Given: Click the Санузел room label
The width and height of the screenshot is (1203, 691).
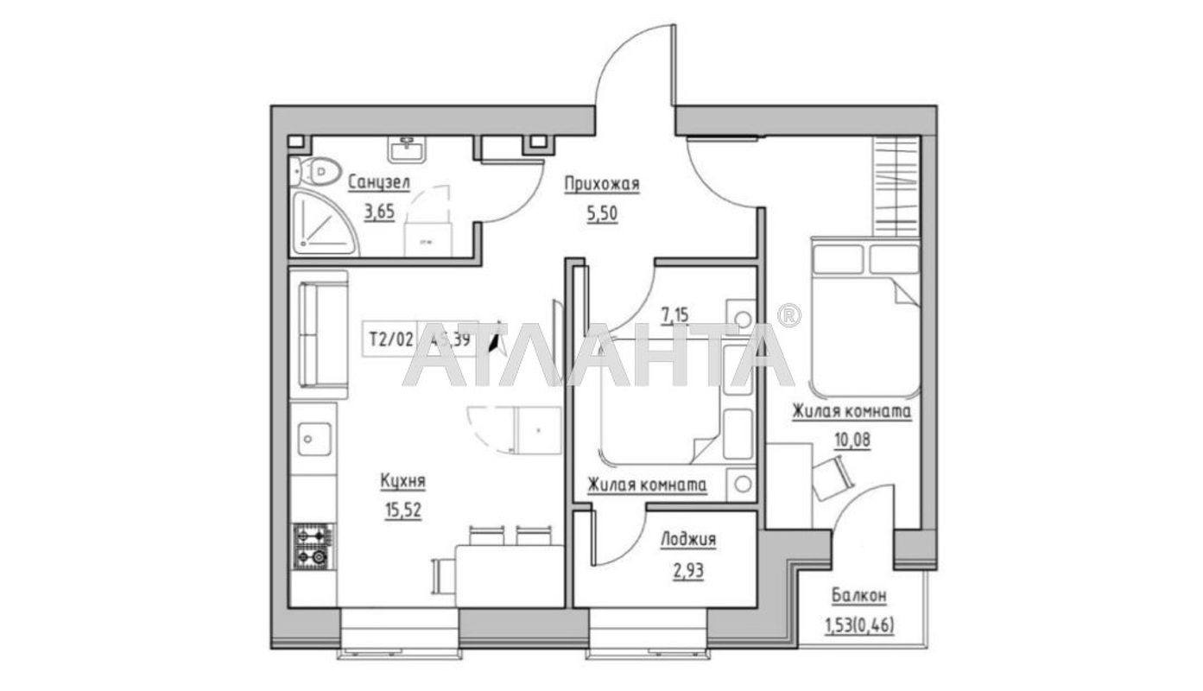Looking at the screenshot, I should click(x=379, y=183).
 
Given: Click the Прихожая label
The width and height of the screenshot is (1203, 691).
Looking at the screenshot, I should click(x=602, y=183).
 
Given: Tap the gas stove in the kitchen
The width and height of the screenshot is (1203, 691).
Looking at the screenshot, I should click(x=312, y=547).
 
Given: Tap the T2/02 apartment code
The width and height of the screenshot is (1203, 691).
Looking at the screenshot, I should click(x=390, y=339).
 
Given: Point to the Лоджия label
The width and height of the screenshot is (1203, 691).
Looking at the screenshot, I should click(x=687, y=540).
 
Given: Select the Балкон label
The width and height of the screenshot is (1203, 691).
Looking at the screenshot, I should click(x=858, y=596).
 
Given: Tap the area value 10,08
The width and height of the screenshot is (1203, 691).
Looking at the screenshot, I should click(x=852, y=439).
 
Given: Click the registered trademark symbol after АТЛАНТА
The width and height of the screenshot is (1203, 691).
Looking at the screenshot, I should click(x=788, y=315).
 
